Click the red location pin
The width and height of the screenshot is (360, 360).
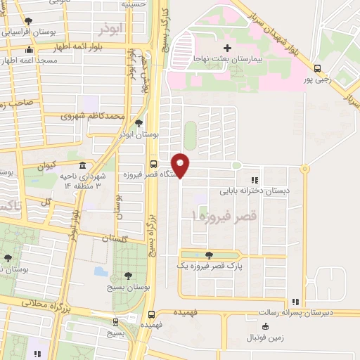tap(181, 165)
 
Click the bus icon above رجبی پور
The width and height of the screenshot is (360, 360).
tap(319, 69)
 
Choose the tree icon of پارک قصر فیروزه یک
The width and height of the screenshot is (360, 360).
tap(207, 255)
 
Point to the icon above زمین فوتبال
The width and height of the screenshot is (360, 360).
tap(264, 326)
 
